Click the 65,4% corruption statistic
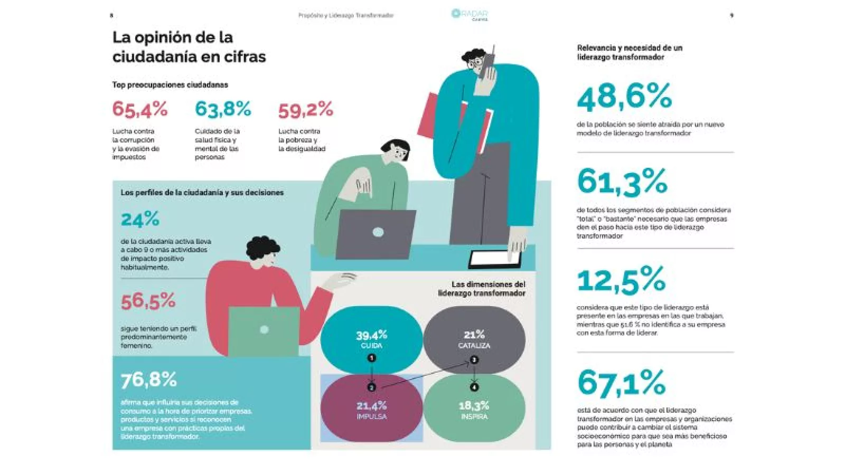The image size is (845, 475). click(x=140, y=109)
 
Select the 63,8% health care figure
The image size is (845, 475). click(x=223, y=109)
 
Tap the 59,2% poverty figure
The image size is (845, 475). click(x=306, y=110)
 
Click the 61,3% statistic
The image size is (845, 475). click(x=622, y=181)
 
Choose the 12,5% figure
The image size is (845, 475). click(x=621, y=280)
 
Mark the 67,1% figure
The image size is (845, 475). click(x=621, y=382)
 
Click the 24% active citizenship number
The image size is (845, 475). click(x=140, y=220)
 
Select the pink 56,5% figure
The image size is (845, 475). click(x=148, y=301)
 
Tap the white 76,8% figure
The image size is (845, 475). click(x=149, y=379)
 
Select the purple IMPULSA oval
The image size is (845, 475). click(x=371, y=408)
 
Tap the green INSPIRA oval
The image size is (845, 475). click(x=474, y=409)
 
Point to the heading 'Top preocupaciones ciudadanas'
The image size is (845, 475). click(x=170, y=84)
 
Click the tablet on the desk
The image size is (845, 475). click(x=495, y=258)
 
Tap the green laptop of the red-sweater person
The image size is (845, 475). click(x=264, y=330)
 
